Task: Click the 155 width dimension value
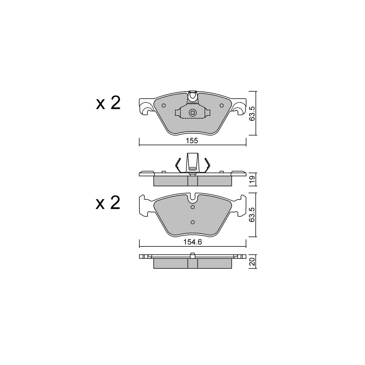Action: pos(192,141)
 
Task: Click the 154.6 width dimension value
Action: pos(192,242)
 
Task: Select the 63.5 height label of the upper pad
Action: pos(252,114)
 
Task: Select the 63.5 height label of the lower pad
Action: pos(252,215)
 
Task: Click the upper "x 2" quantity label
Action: pos(108,103)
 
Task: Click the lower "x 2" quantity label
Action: pos(108,203)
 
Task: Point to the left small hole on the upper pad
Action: pos(164,105)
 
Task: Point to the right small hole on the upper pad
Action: pos(222,105)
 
